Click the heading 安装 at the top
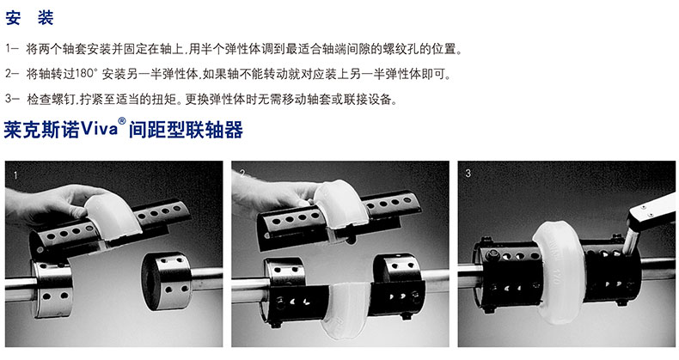click(x=29, y=18)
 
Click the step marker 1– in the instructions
click(x=12, y=48)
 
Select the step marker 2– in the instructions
click(x=12, y=74)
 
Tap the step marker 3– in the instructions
click(x=12, y=99)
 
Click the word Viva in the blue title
click(x=99, y=130)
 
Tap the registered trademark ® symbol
click(x=122, y=122)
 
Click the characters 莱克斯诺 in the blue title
click(x=42, y=131)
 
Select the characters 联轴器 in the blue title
click(x=215, y=131)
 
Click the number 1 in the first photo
click(x=16, y=175)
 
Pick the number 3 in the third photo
click(x=468, y=174)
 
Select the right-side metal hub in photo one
click(x=167, y=281)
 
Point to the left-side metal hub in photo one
click(x=52, y=287)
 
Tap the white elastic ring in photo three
click(x=559, y=272)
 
